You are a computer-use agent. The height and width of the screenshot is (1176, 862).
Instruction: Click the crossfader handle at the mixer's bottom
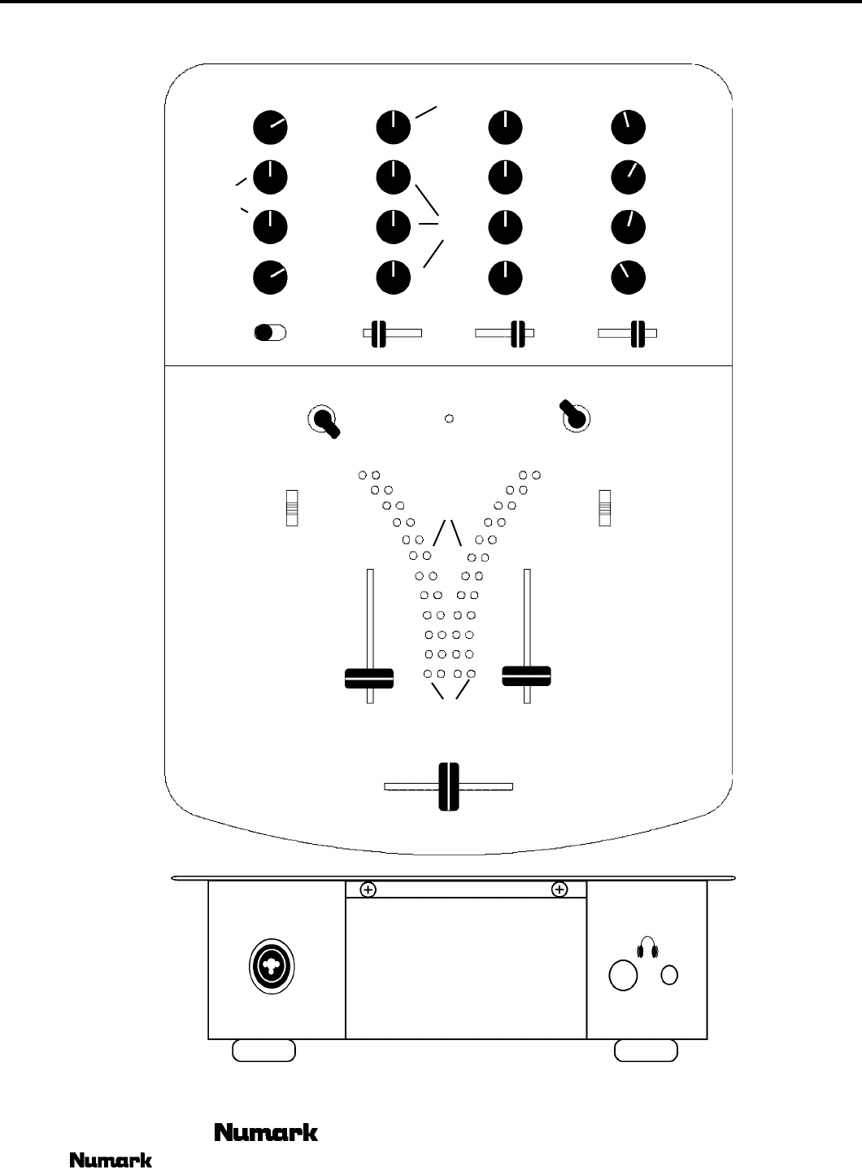449,786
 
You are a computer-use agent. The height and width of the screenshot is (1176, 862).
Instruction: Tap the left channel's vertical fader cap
369,678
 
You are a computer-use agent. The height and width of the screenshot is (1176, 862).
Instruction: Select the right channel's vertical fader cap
527,675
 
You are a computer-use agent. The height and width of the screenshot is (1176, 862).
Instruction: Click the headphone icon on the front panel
646,948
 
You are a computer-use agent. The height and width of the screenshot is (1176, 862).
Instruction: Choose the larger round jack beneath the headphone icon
624,976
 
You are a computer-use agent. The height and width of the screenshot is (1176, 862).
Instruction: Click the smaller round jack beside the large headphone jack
669,975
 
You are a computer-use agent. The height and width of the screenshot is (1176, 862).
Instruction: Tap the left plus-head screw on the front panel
368,890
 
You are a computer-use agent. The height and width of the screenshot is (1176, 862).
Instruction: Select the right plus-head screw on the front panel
559,890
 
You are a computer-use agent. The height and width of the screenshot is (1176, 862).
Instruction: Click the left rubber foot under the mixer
263,1050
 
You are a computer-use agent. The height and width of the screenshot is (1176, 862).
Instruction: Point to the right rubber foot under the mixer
646,1050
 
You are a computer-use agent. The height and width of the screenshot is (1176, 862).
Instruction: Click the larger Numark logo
265,1131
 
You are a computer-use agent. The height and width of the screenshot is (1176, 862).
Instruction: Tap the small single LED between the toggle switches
449,419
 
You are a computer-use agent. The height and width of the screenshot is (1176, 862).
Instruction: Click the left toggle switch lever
327,424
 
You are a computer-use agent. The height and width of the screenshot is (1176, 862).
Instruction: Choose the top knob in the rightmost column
628,127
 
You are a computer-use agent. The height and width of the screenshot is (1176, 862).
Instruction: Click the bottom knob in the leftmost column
270,278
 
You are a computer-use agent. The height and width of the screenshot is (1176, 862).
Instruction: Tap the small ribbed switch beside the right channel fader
604,508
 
